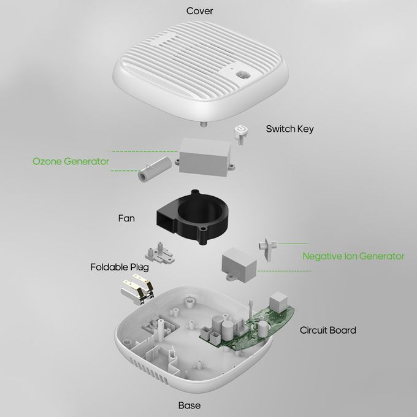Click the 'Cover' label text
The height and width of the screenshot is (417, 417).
(x=199, y=11)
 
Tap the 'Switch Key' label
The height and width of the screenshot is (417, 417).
(x=289, y=129)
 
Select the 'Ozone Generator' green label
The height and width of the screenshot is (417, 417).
(x=71, y=161)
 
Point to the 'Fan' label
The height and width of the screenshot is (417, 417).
(x=126, y=218)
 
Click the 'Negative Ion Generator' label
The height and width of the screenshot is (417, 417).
(x=353, y=256)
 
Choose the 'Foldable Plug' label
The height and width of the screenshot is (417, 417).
(x=120, y=267)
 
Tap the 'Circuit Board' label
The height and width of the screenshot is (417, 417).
(x=327, y=331)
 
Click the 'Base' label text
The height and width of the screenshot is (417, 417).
(x=189, y=405)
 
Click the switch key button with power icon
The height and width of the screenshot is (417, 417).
(x=241, y=134)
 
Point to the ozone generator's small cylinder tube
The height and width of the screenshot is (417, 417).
(x=155, y=169)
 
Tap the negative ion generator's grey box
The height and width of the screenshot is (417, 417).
(x=239, y=264)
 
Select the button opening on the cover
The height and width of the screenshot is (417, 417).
(x=243, y=75)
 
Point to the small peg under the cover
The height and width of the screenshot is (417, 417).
(x=204, y=124)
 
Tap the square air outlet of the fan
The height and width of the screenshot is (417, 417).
(x=165, y=220)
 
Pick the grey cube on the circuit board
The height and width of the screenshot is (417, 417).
(x=278, y=302)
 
